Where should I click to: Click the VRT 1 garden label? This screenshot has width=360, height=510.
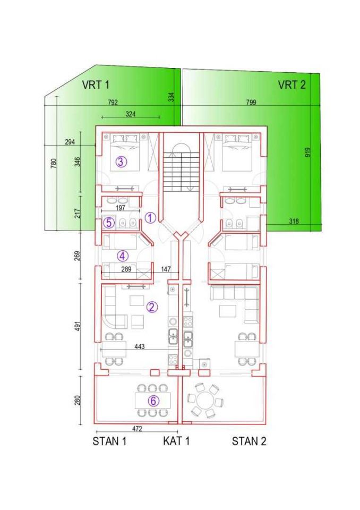tap(96, 85)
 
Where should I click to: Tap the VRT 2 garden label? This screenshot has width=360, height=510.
tap(292, 85)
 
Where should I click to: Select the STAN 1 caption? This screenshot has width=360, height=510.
tap(109, 441)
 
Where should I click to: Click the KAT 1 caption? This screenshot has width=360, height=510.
tap(176, 441)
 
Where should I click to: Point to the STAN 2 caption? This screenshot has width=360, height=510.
tap(249, 441)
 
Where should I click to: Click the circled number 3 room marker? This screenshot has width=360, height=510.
tap(121, 161)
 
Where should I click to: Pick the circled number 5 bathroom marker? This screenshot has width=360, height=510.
tap(109, 223)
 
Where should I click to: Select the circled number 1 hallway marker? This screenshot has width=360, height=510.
tap(150, 218)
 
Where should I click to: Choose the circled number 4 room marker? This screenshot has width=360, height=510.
tap(123, 256)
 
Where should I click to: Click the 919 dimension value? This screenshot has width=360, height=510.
tap(308, 152)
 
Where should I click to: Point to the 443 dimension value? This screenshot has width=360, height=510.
tap(140, 347)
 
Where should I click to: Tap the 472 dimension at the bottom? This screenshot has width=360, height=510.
tap(137, 429)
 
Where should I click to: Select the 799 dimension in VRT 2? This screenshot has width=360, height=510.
tap(251, 103)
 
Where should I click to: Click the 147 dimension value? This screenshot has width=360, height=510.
tap(166, 269)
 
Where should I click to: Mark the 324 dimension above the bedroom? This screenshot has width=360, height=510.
tap(131, 114)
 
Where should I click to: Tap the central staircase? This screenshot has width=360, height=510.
tap(181, 168)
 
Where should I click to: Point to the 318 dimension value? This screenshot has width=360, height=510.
tap(294, 222)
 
